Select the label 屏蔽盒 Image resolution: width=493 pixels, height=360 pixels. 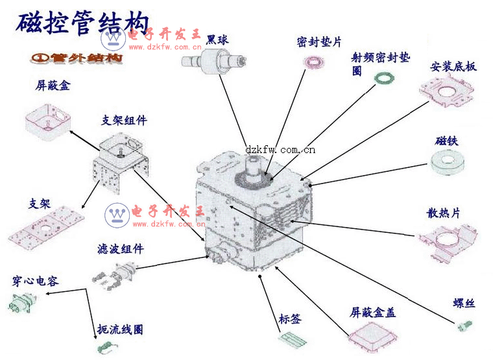coord(53,85)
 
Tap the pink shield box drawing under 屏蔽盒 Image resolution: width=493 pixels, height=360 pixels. coord(47,121)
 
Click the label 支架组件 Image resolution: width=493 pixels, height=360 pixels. coord(125,120)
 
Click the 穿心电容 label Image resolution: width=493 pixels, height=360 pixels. coord(35,281)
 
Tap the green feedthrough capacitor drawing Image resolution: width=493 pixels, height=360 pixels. coord(20,303)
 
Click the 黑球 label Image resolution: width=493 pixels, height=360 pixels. coord(217,40)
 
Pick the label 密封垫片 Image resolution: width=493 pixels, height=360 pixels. coord(319,42)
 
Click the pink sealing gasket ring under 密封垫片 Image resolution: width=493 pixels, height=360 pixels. coord(315,62)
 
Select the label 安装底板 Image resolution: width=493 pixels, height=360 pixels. coord(453,67)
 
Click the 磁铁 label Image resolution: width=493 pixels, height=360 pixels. coord(447,141)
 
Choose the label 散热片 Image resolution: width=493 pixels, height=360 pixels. coord(444,213)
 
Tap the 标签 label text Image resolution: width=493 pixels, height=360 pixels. coord(290,319)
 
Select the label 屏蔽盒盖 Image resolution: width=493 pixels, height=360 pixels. coord(373,313)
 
